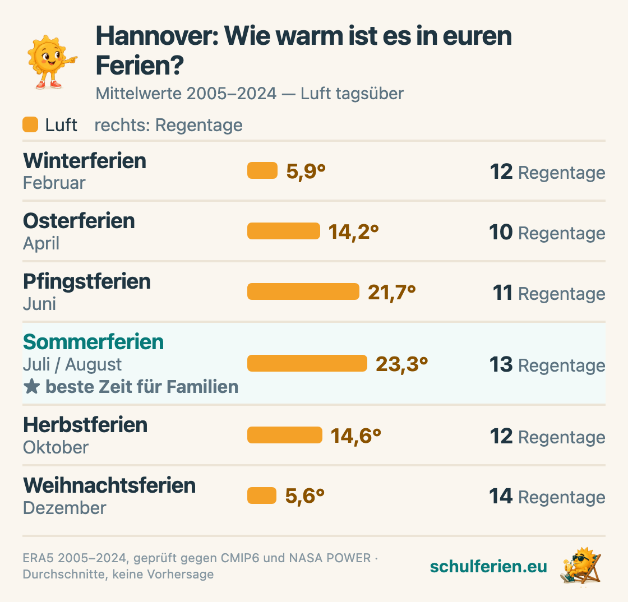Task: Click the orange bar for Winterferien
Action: pyautogui.click(x=262, y=170)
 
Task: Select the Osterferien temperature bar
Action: pyautogui.click(x=284, y=231)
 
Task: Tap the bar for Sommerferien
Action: pyautogui.click(x=307, y=363)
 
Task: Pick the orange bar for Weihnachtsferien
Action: pyautogui.click(x=262, y=496)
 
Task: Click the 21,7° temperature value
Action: pyautogui.click(x=392, y=292)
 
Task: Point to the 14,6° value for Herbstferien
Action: pyautogui.click(x=355, y=436)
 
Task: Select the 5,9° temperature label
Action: pyautogui.click(x=306, y=172)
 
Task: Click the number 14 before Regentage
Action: pyautogui.click(x=501, y=496)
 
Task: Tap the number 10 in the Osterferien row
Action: pyautogui.click(x=501, y=231)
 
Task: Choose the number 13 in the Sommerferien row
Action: pyautogui.click(x=501, y=364)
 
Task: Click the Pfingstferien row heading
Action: pyautogui.click(x=87, y=282)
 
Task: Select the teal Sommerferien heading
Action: pyautogui.click(x=93, y=342)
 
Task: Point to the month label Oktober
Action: pyautogui.click(x=56, y=447)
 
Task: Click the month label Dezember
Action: pyautogui.click(x=64, y=507)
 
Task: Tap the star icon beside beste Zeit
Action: pyautogui.click(x=31, y=387)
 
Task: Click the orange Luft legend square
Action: pyautogui.click(x=30, y=124)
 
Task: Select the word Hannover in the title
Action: pyautogui.click(x=158, y=36)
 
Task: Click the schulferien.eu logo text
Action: pyautogui.click(x=488, y=566)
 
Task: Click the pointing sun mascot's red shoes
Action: pyautogui.click(x=49, y=85)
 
